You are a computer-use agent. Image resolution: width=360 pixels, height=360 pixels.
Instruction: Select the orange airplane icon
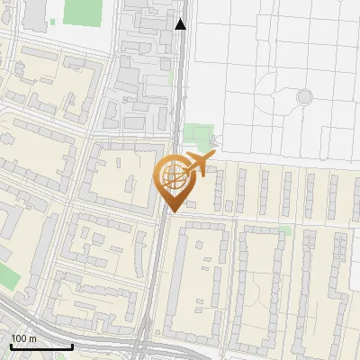coord(201,165)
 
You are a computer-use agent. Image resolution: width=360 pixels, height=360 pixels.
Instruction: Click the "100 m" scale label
coord(23,338)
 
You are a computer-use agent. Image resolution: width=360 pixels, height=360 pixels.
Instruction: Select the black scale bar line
coord(41,346)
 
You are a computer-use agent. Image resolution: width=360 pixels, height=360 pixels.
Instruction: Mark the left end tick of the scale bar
coord(10,345)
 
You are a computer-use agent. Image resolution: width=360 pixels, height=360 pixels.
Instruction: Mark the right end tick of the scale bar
coord(73,345)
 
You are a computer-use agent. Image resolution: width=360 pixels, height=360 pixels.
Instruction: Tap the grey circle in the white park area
coord(304,95)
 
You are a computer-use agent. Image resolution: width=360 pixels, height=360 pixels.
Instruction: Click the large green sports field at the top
coord(83,11)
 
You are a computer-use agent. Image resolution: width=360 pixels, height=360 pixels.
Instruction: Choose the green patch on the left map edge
coord(6,276)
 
